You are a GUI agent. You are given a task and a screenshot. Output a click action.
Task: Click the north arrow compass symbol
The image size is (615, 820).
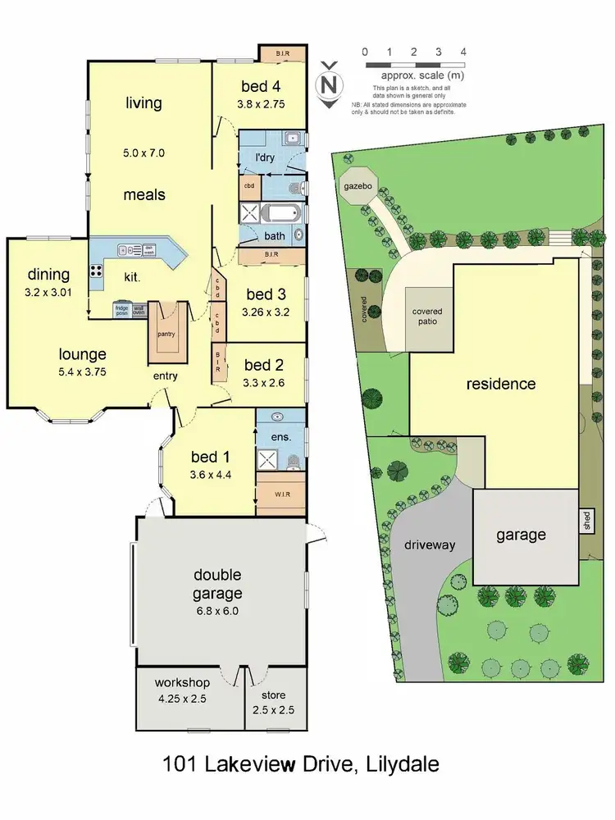[x=329, y=84]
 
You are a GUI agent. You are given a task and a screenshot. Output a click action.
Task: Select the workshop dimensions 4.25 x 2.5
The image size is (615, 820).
[x=182, y=699]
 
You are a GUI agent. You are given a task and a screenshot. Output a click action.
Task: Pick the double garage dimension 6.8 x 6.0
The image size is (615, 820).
[x=217, y=610]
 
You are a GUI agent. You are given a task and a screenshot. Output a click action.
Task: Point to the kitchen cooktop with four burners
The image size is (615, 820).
[x=96, y=271]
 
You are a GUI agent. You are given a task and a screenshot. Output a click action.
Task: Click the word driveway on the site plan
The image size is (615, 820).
[x=429, y=544]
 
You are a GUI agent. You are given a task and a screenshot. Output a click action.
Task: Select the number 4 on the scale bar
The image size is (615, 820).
[x=463, y=51]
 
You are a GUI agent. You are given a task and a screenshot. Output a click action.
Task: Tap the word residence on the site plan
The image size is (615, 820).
[x=501, y=383]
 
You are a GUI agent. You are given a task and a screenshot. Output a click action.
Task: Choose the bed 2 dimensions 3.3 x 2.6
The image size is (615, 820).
[x=263, y=382]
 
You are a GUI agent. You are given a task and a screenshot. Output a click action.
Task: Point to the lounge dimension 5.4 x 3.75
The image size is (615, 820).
[x=82, y=371]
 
